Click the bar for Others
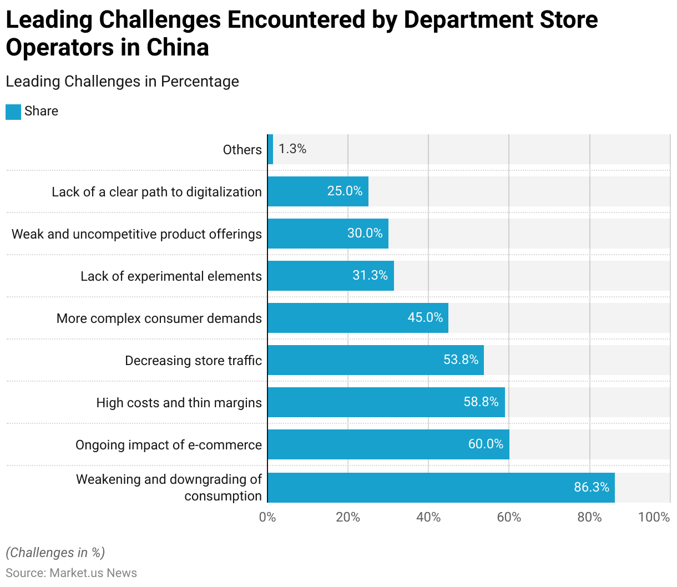[270, 149]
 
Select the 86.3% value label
[592, 487]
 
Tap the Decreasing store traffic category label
[193, 361]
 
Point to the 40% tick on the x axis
[428, 517]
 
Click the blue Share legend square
[13, 112]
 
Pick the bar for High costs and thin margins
[386, 402]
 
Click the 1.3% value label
[292, 149]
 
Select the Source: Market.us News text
[72, 573]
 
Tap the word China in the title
[178, 47]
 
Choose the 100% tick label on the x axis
[654, 517]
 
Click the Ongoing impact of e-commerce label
[169, 445]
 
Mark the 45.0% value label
[425, 317]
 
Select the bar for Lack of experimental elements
[331, 276]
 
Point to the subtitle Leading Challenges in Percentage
[123, 82]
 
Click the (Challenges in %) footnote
[55, 553]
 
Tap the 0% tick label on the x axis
[267, 517]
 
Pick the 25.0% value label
[345, 191]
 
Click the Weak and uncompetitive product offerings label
[137, 234]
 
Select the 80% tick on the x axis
[589, 517]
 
